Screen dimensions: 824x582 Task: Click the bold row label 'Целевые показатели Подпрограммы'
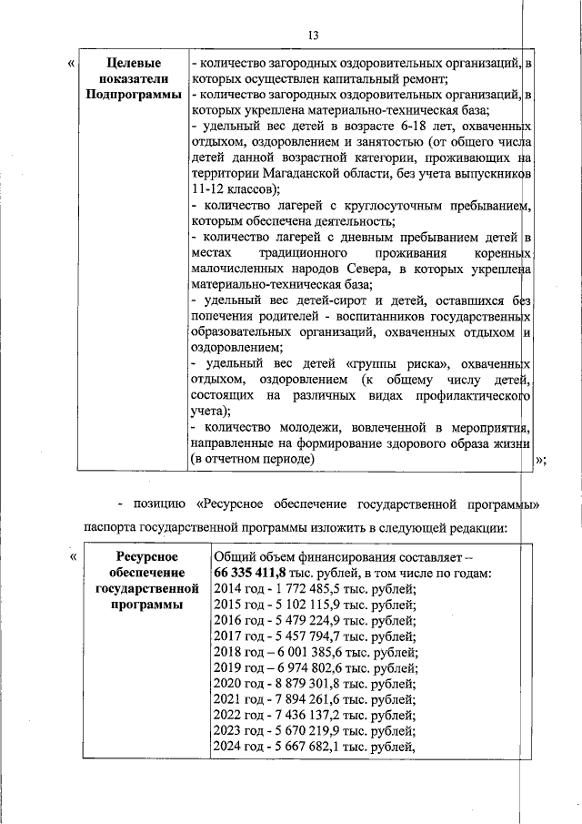134,79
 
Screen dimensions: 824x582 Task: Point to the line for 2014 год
314,589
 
